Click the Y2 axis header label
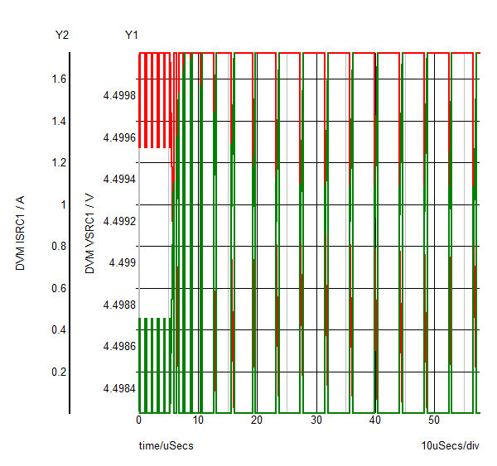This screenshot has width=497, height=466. point(61,35)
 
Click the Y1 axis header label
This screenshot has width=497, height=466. point(132,35)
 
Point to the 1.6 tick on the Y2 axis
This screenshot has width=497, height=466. point(59,79)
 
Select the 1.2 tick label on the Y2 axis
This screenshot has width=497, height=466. point(59,163)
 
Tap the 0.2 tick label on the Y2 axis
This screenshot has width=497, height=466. point(59,372)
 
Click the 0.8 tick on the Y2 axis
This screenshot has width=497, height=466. point(59,247)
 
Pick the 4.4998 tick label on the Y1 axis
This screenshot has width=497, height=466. point(119,96)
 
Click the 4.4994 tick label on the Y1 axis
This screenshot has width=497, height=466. point(119,180)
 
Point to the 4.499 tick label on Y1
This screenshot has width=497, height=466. point(122,263)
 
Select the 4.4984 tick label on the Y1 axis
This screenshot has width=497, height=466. point(119,388)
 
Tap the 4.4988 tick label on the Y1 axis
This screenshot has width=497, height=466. point(119,305)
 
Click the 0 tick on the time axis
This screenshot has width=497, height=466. point(139,420)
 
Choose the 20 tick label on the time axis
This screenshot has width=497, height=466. point(257,420)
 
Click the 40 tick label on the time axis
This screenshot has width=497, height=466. point(375,420)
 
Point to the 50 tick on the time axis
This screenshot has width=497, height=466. point(434,420)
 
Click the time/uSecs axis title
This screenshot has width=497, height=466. point(166,446)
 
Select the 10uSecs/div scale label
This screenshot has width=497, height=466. point(450,446)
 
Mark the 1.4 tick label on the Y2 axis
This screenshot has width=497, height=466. point(59,122)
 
